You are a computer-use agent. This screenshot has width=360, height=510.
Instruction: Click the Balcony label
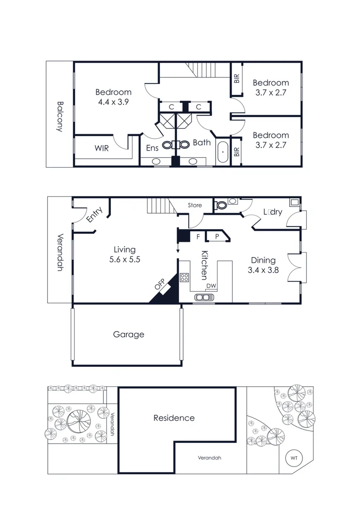pyautogui.click(x=59, y=116)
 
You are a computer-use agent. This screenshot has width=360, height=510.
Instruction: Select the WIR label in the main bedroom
pyautogui.click(x=101, y=148)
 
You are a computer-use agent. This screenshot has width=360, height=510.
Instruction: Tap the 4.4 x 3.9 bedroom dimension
pyautogui.click(x=113, y=102)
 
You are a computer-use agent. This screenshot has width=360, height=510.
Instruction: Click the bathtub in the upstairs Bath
pyautogui.click(x=223, y=153)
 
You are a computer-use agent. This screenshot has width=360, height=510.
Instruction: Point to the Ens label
pyautogui.click(x=152, y=148)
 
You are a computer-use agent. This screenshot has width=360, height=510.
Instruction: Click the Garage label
pyautogui.click(x=128, y=334)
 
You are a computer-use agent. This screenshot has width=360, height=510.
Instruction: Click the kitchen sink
pyautogui.click(x=204, y=297)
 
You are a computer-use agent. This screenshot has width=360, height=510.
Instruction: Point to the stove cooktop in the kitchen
pyautogui.click(x=184, y=278)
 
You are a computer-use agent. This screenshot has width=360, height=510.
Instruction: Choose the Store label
pyautogui.click(x=195, y=205)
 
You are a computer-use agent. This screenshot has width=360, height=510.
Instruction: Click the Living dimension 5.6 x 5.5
pyautogui.click(x=125, y=259)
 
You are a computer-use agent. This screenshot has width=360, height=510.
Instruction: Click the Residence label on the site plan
pyautogui.click(x=174, y=418)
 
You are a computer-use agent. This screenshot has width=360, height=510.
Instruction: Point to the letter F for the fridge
pyautogui.click(x=199, y=237)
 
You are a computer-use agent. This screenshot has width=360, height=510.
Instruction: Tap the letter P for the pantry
pyautogui.click(x=217, y=237)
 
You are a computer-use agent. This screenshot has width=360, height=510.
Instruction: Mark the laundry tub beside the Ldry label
pyautogui.click(x=294, y=203)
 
